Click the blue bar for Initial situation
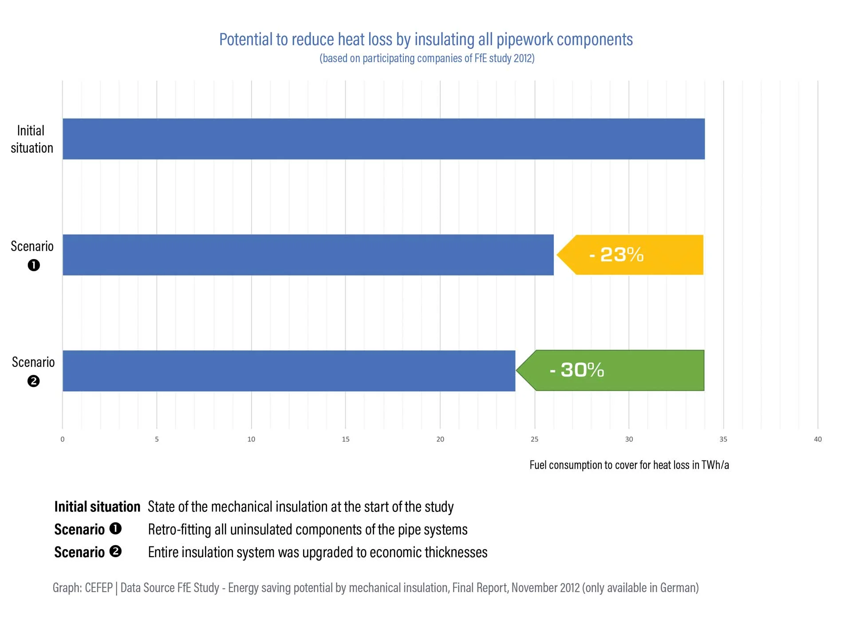click(x=383, y=139)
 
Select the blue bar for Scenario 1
click(x=308, y=255)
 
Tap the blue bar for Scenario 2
click(x=288, y=371)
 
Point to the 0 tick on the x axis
click(x=63, y=439)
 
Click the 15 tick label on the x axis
click(x=346, y=439)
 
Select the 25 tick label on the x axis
click(x=534, y=439)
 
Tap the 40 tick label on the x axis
click(x=817, y=439)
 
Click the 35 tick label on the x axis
click(x=723, y=439)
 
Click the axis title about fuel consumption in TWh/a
click(x=629, y=465)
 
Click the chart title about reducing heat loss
click(x=426, y=39)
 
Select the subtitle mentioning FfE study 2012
click(x=427, y=58)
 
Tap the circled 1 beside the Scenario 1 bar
click(x=34, y=265)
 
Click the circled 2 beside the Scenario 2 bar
click(x=33, y=381)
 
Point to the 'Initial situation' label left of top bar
click(x=32, y=139)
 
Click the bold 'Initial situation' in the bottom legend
click(x=97, y=507)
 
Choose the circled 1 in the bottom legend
click(x=115, y=529)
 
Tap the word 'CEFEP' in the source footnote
click(x=99, y=588)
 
